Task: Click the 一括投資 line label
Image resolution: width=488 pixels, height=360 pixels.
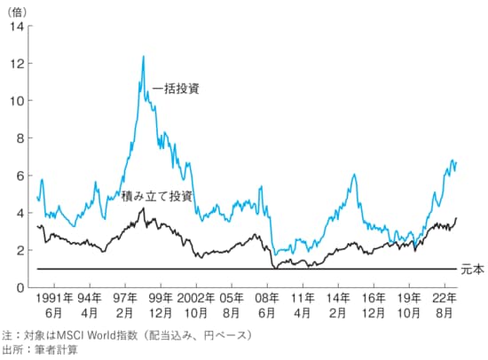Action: [176, 89]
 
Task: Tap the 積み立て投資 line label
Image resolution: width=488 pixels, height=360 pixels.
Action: [157, 195]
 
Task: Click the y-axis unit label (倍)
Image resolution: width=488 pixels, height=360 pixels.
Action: [17, 10]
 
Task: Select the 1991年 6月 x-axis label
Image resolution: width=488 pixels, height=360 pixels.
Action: [54, 306]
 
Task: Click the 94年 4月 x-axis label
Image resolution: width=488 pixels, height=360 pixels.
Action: [91, 306]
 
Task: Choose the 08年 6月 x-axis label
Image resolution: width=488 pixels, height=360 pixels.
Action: [267, 306]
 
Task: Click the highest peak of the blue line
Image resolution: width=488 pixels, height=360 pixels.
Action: [143, 57]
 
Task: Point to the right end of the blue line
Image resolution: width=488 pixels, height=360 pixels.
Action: [456, 163]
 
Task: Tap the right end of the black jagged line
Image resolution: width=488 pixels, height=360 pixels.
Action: [457, 218]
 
